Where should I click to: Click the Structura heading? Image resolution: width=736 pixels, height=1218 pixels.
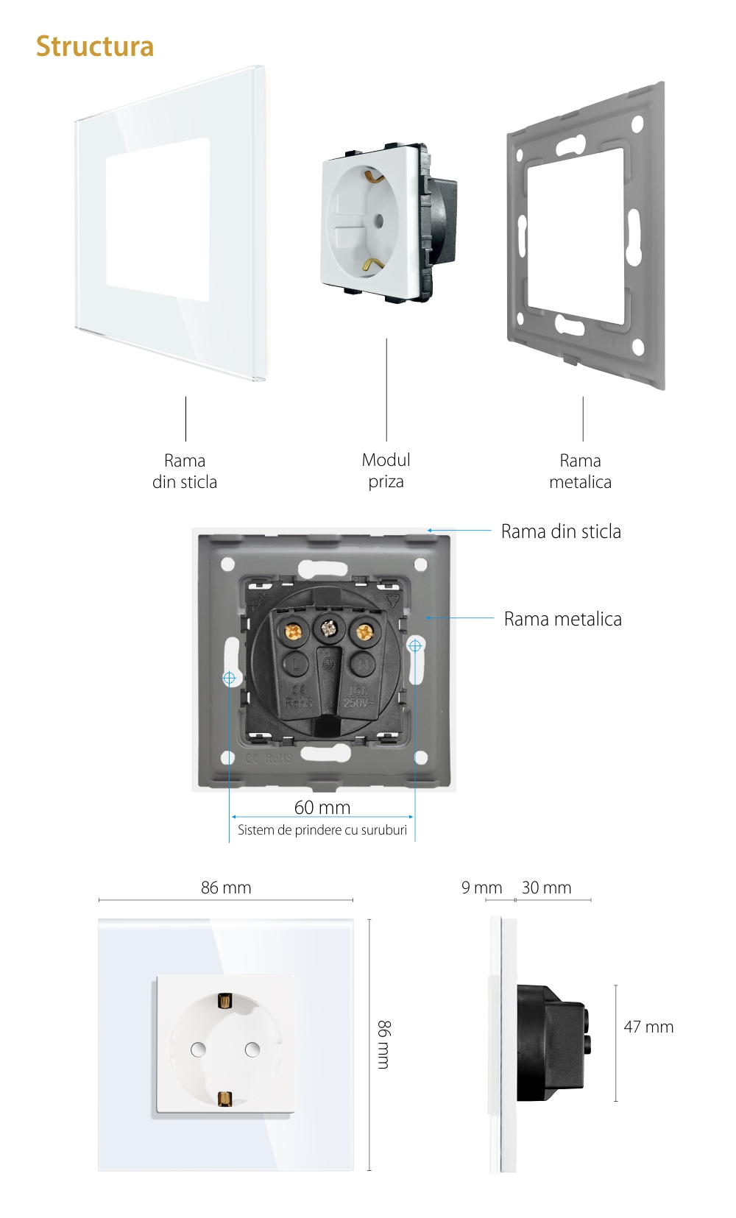95,46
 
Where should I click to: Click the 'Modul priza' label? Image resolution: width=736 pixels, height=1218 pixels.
386,470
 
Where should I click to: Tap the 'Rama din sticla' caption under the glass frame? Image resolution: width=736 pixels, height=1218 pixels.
185,471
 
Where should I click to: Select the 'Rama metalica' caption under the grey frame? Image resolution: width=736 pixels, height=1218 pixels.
581,471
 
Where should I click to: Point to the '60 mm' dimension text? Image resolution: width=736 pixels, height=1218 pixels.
322,807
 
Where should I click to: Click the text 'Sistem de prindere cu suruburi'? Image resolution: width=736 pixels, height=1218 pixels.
322,830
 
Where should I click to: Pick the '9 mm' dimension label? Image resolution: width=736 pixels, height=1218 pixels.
481,888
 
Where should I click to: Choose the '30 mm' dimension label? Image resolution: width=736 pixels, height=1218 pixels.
547,888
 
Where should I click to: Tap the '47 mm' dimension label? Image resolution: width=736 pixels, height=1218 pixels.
648,1027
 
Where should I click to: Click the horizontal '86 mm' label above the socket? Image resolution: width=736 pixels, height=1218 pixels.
226,888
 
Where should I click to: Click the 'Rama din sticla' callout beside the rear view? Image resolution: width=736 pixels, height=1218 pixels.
561,531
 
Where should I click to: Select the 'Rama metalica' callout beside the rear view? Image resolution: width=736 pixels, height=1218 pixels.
563,619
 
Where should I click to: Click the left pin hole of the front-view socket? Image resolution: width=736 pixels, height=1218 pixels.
198,1049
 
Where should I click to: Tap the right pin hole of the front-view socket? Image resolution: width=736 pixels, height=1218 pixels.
252,1049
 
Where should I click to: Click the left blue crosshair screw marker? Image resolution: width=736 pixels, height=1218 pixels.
229,678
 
